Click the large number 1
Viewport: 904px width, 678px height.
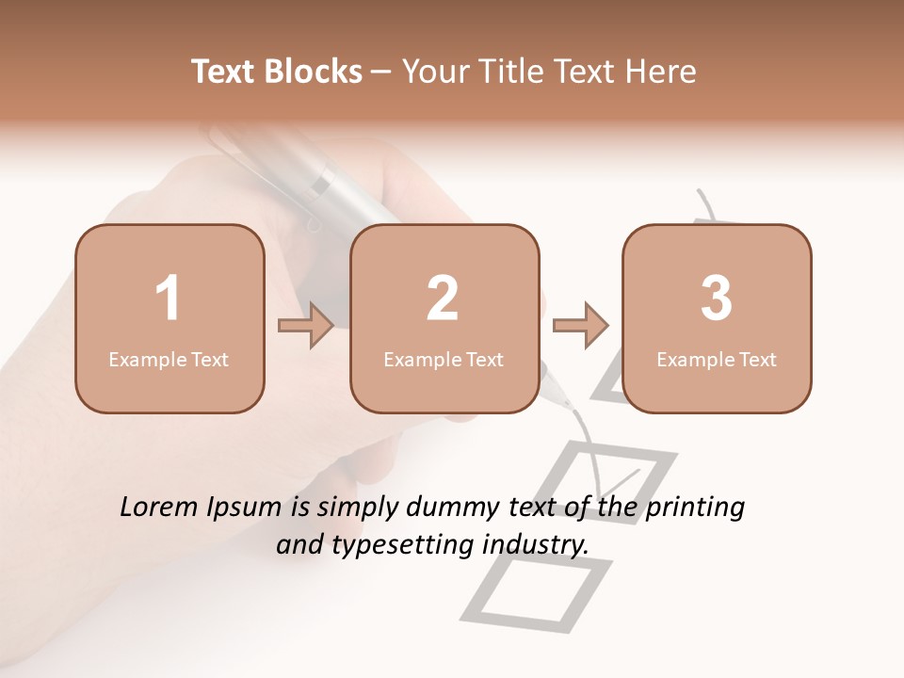pyautogui.click(x=169, y=299)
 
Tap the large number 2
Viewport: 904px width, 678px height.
pyautogui.click(x=443, y=299)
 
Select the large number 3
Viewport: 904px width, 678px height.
pyautogui.click(x=717, y=299)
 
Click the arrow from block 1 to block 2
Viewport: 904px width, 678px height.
pyautogui.click(x=306, y=326)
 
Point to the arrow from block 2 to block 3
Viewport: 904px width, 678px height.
pyautogui.click(x=581, y=326)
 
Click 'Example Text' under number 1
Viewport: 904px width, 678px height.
pyautogui.click(x=169, y=360)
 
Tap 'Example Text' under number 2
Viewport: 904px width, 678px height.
pyautogui.click(x=444, y=360)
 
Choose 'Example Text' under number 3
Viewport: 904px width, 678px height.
pyautogui.click(x=717, y=360)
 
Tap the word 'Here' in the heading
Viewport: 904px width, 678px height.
pyautogui.click(x=660, y=72)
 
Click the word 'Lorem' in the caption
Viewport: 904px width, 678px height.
pyautogui.click(x=159, y=508)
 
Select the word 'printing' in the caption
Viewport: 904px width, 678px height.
pyautogui.click(x=695, y=508)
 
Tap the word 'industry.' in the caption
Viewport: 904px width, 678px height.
pyautogui.click(x=536, y=544)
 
